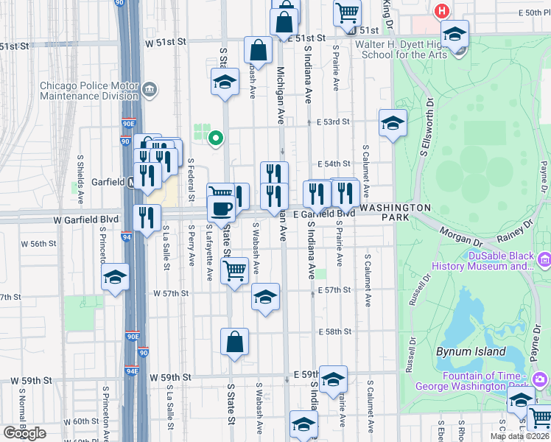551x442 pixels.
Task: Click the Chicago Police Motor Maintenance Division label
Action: [89, 91]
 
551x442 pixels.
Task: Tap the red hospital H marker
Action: [442, 11]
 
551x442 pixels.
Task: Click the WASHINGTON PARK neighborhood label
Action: [395, 213]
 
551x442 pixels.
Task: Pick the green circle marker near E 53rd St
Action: [215, 137]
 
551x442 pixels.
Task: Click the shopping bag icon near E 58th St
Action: [234, 342]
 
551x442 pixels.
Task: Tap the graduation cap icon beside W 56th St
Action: [115, 277]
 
